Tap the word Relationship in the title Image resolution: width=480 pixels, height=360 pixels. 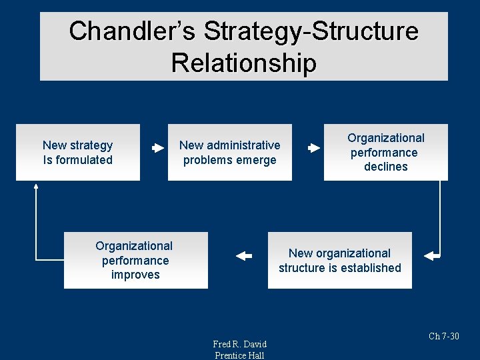tap(243, 63)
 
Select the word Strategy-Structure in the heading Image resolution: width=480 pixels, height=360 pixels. tap(311, 31)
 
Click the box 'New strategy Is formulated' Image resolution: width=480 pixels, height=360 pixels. tap(78, 152)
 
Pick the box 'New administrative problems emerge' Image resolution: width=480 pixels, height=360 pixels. tap(229, 152)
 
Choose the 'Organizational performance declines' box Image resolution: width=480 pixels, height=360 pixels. tap(385, 152)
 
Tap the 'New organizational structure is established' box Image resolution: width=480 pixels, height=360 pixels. tap(339, 260)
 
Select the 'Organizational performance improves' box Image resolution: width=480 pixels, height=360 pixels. tap(135, 260)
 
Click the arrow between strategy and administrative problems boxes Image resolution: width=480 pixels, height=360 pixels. tap(158, 149)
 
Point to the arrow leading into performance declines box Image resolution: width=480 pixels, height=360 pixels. tap(314, 149)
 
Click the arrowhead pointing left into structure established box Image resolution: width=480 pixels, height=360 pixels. tap(430, 255)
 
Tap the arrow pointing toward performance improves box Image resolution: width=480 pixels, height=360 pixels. tap(244, 255)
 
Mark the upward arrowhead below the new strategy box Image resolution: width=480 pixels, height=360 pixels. tap(37, 188)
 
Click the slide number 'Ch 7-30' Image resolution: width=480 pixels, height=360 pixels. tap(444, 336)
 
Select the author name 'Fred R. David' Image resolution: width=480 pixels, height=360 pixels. tap(239, 344)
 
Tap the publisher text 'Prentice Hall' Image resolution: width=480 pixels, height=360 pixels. tap(239, 355)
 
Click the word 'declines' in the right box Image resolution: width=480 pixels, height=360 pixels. tap(385, 167)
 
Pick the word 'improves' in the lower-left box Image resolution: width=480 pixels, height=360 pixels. tap(135, 275)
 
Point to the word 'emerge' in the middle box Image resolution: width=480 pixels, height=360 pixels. tap(258, 160)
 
